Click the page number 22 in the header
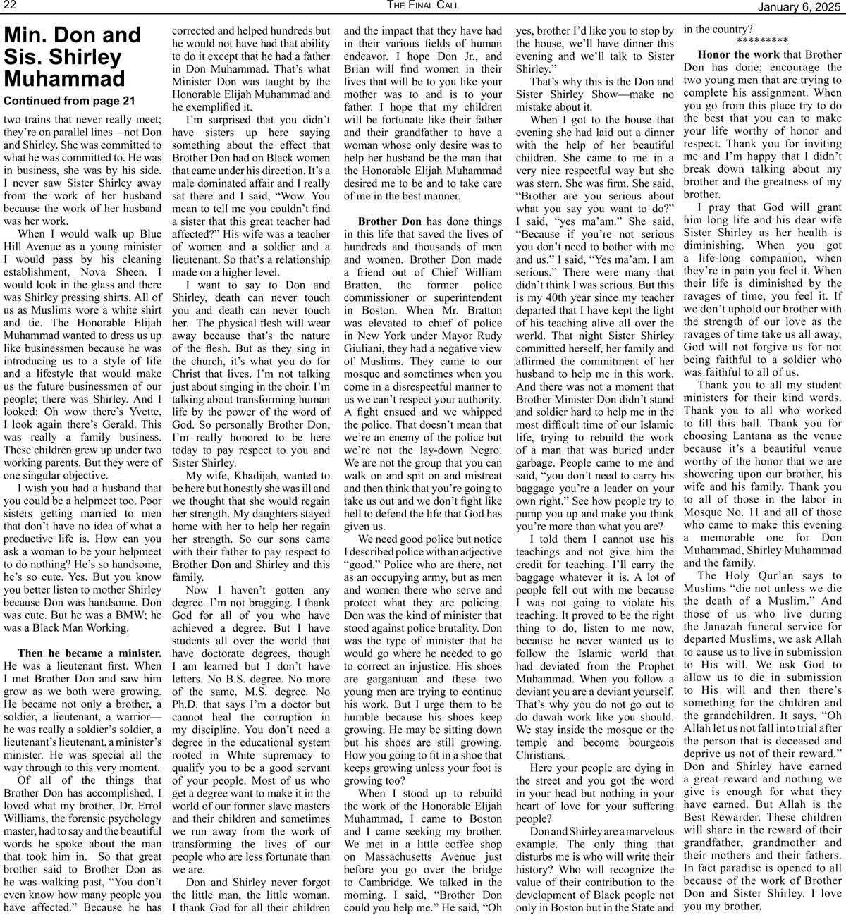[x=11, y=6]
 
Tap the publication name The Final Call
[x=422, y=6]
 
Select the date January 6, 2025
[x=799, y=6]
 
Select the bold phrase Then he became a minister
[x=89, y=653]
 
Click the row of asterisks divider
[x=761, y=41]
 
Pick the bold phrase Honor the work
[x=738, y=54]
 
